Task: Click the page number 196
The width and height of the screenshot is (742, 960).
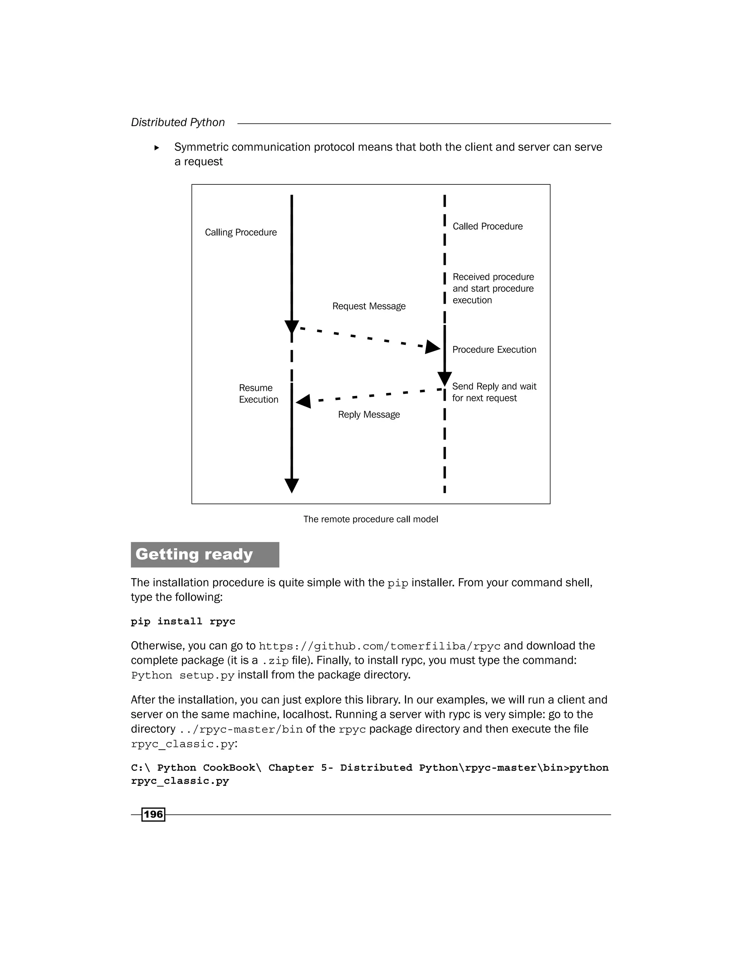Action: coord(153,814)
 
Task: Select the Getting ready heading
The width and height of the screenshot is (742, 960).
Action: coord(194,554)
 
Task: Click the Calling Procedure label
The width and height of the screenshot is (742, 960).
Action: coord(241,232)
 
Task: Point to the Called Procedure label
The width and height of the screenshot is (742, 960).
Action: coord(488,226)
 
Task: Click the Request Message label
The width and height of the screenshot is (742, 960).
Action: coord(368,306)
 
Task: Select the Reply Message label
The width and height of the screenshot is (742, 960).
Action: coord(368,414)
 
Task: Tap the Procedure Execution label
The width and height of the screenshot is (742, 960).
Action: coord(494,350)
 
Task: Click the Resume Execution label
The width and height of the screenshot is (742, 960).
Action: coord(258,393)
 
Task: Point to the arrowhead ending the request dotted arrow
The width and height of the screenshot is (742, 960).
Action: coord(432,347)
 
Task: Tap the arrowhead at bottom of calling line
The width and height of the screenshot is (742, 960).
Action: coord(291,485)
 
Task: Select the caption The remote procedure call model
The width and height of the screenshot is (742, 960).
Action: coord(371,519)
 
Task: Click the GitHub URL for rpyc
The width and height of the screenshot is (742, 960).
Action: coord(379,646)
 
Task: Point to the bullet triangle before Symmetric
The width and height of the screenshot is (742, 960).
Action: coord(157,148)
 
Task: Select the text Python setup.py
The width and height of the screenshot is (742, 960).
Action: coord(183,675)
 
